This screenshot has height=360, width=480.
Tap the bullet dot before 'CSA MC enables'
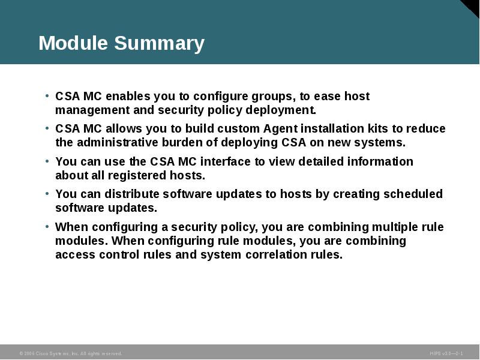47,97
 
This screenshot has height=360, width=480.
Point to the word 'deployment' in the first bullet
282,110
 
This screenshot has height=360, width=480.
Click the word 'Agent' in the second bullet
279,129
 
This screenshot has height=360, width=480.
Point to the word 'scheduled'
413,194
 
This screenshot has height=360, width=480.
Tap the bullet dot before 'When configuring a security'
47,227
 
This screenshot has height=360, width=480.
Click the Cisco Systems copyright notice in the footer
71,353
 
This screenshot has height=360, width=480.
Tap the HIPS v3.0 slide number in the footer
446,353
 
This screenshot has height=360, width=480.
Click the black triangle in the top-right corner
473,7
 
